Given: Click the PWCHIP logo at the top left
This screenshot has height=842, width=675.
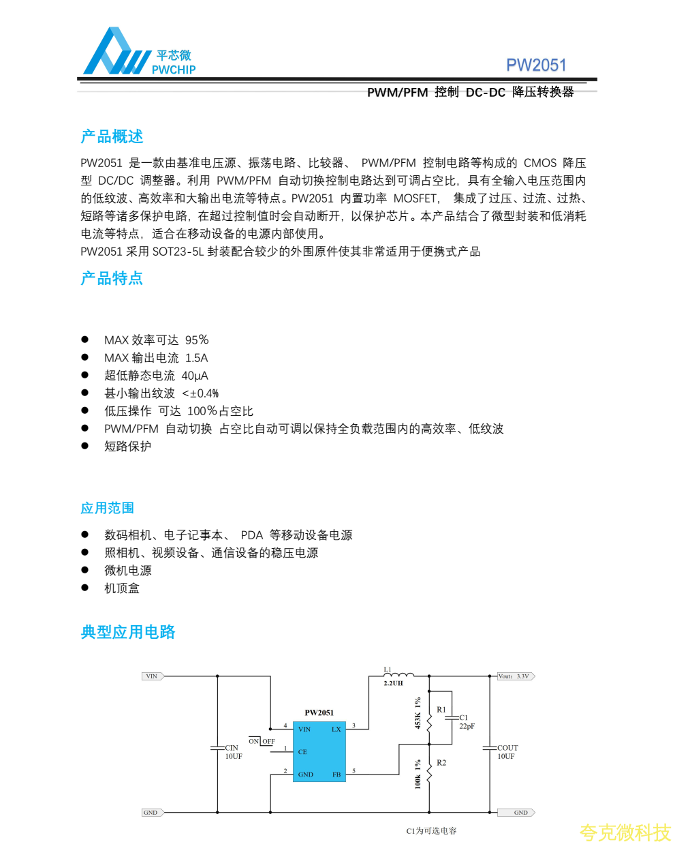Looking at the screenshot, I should pos(139,53).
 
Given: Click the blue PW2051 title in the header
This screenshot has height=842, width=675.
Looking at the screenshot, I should pos(536,65).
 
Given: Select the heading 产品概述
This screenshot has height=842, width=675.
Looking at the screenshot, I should pos(112,136).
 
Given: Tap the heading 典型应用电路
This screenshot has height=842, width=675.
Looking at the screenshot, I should pos(128,632).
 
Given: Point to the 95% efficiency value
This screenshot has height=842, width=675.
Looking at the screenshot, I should pos(197,340).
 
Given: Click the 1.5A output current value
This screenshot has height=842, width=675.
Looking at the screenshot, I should pos(197,358).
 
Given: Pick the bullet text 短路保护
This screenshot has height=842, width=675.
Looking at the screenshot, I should pos(127,447).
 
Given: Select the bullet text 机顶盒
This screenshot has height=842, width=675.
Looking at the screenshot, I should pos(121,588).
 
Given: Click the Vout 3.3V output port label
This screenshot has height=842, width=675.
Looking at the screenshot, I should pos(515,676).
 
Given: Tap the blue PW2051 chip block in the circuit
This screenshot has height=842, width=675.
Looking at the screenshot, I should pos(319,751).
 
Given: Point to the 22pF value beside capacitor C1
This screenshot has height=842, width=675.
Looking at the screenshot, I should pos(467,727).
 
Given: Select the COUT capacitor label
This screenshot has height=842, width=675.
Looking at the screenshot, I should pos(507,748).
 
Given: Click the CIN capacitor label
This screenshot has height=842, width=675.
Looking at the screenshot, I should pos(232,748).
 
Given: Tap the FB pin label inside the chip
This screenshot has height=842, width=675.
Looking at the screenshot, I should pos(336,775).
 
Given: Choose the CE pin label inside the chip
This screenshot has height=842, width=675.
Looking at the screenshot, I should pos(302,752).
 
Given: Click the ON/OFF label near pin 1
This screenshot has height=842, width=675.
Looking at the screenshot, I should pos(262,741).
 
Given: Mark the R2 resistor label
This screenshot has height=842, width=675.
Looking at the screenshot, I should pos(441,763).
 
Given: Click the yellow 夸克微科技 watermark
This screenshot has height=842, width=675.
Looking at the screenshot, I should pos(625,832).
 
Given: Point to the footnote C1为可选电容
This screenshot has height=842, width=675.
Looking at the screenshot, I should pos(431,831).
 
